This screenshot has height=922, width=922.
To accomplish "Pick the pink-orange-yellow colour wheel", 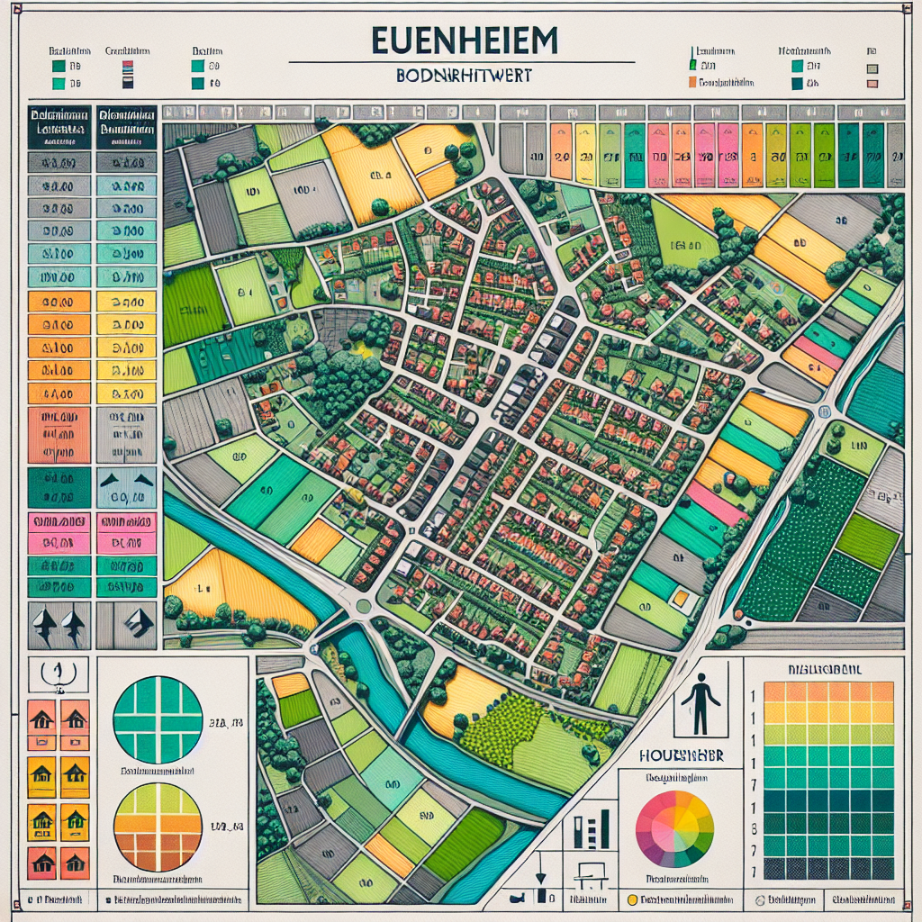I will [674, 828].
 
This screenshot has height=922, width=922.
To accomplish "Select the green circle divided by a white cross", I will [158, 720].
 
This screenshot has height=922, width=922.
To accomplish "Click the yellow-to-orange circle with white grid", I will [158, 827].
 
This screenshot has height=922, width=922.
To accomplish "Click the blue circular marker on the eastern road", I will [825, 411].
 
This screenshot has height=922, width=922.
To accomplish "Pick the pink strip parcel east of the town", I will [716, 502].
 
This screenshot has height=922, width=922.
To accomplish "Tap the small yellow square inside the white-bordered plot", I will [682, 597].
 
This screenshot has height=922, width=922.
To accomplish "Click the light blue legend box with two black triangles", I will [126, 487].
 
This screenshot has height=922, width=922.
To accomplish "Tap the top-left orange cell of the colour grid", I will [775, 691].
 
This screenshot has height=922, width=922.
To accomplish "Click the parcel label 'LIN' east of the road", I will [857, 445].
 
